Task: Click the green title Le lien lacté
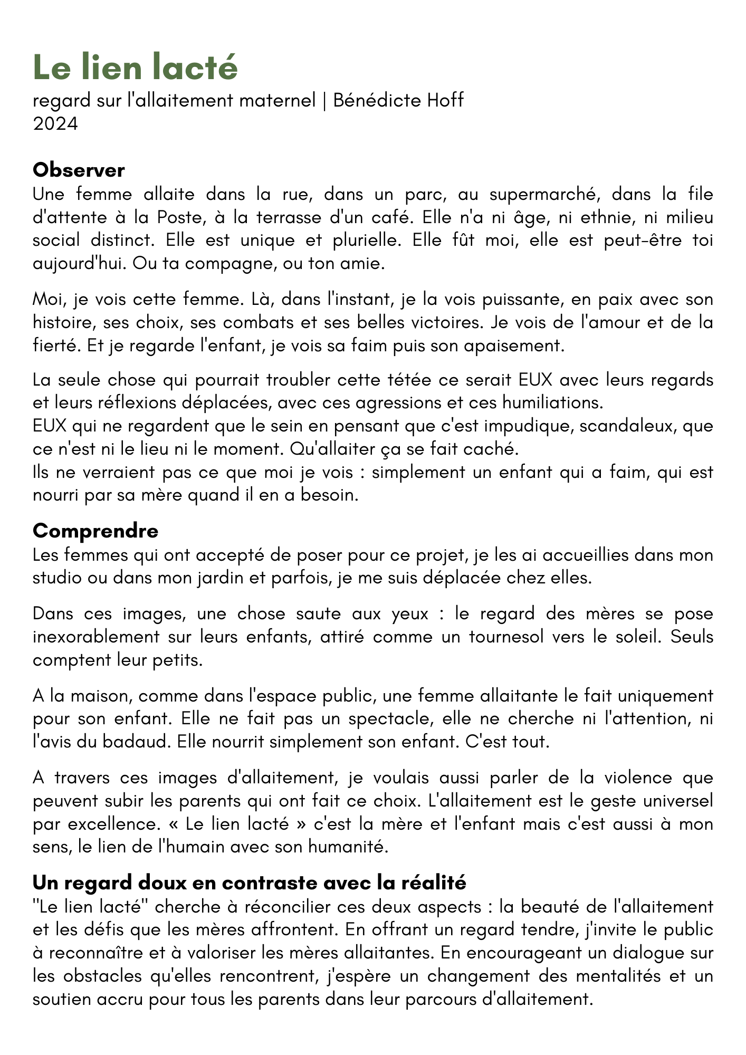coord(135,68)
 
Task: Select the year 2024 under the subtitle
coord(55,123)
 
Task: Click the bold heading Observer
coord(79,170)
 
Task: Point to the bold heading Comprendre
coord(95,531)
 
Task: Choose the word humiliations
coord(551,402)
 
